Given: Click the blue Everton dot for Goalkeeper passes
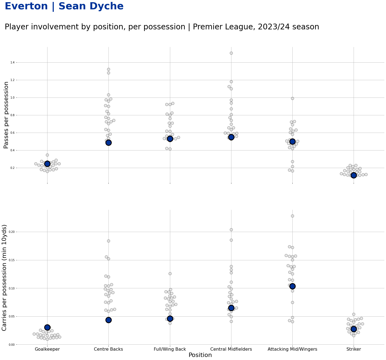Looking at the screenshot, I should (47, 164).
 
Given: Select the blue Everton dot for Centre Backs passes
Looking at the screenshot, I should (108, 143).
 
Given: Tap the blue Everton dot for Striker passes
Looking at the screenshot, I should (354, 175).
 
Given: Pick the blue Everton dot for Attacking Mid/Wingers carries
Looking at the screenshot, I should (292, 286).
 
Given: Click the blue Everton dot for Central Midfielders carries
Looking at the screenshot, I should (231, 308).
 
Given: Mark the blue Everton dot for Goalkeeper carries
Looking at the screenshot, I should (47, 327).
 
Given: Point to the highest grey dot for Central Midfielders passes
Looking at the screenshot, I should (231, 53).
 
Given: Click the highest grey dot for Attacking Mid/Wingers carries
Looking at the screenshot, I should (292, 216).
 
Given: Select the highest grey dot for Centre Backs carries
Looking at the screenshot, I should (108, 241).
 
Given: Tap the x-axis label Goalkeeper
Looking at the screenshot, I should (47, 349).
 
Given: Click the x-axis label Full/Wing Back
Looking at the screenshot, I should (170, 349).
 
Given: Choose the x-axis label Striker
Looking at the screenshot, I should (354, 349).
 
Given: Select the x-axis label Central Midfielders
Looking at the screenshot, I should (231, 349).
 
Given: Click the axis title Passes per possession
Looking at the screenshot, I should (6, 115).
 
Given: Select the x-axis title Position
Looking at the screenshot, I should (200, 355).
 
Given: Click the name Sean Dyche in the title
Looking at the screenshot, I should (91, 6).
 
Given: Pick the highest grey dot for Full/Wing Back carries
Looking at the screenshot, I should (170, 274).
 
